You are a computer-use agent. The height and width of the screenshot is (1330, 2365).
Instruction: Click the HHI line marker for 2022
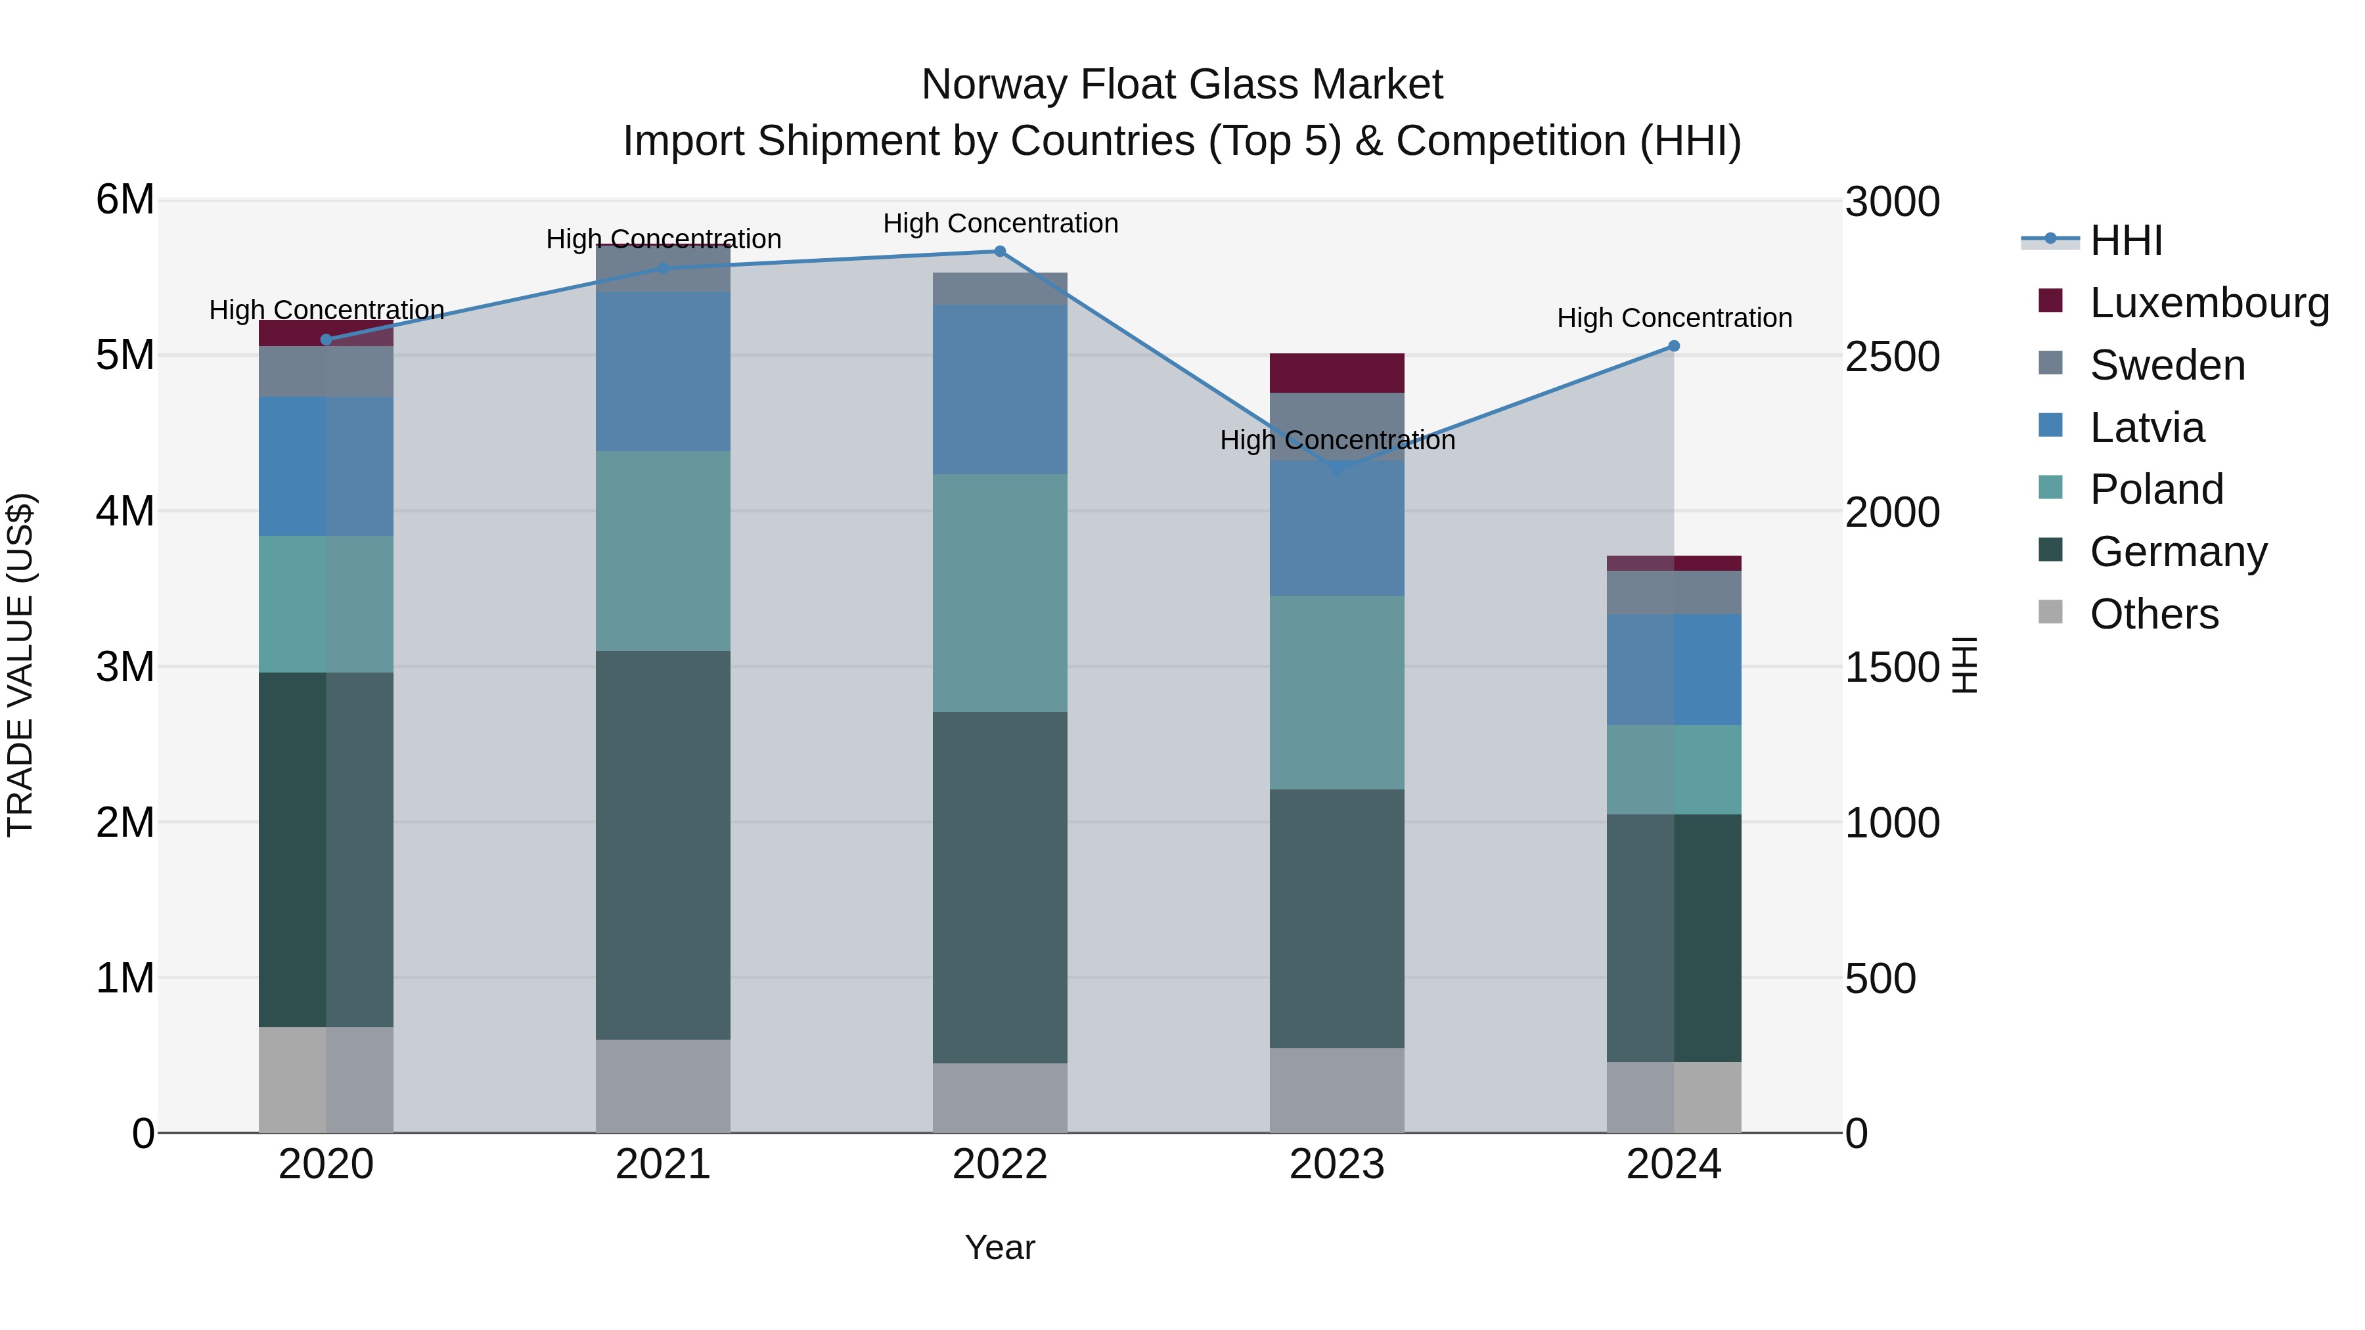1000,252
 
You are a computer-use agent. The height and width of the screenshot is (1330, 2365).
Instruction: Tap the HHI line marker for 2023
1337,469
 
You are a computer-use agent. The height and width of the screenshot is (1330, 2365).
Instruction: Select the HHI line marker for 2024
1674,346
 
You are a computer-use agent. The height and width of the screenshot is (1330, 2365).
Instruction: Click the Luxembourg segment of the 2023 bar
1337,372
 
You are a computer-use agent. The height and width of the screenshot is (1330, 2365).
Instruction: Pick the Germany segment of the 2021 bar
663,845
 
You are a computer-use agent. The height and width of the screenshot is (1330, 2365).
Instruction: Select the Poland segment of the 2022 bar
1000,593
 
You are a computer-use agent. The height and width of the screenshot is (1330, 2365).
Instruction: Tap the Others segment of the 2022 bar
1000,1097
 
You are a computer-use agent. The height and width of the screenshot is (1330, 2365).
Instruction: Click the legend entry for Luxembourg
2208,303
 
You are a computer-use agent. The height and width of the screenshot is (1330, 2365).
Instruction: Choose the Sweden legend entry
2167,365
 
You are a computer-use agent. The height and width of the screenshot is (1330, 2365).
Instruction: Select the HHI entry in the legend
2125,240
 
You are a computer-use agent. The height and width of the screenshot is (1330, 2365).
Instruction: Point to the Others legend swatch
2050,612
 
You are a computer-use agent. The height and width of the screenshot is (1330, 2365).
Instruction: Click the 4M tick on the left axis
125,511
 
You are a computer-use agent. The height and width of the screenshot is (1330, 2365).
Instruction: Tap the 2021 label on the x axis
663,1164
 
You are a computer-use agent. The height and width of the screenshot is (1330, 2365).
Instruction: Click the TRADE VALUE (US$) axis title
20,665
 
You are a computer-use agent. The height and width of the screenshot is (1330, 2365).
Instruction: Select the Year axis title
1000,1247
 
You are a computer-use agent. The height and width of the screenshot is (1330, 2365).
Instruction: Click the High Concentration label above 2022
1000,223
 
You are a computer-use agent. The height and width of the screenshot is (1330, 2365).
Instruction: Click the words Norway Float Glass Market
1182,85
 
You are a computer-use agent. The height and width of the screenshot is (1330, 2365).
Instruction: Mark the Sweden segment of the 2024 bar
1674,592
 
